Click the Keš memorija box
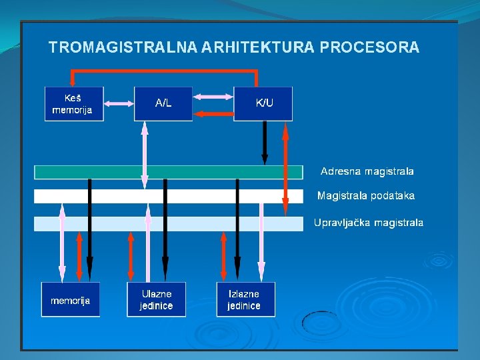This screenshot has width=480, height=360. [x=74, y=103]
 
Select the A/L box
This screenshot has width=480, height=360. [x=163, y=103]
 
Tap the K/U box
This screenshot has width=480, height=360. [x=263, y=103]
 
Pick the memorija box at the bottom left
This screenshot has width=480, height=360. [x=71, y=300]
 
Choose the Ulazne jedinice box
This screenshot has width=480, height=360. [x=156, y=300]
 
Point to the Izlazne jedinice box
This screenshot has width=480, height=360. [x=244, y=300]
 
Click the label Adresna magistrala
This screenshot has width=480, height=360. [x=367, y=171]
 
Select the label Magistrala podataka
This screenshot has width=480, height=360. [x=365, y=195]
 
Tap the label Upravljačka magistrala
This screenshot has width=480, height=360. [x=368, y=223]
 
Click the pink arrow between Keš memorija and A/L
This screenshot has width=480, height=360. [x=119, y=103]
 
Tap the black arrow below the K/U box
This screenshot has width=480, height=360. [x=265, y=142]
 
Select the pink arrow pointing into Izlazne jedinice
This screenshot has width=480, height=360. [x=261, y=240]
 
